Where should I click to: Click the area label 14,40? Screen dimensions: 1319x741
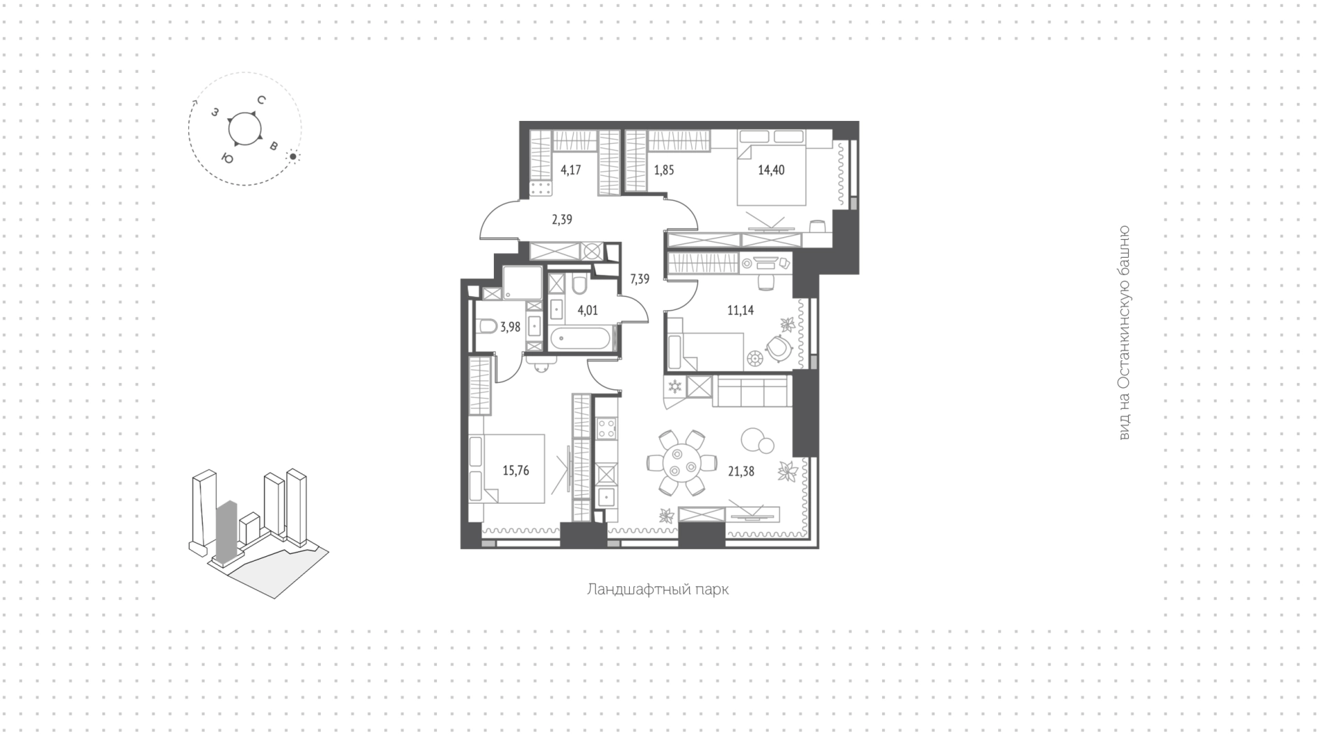(x=771, y=170)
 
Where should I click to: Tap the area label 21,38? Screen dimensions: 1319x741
(x=741, y=471)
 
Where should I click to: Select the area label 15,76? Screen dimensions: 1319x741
(x=515, y=471)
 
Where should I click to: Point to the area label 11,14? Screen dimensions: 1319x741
(x=741, y=310)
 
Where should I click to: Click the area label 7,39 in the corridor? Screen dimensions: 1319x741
(x=640, y=278)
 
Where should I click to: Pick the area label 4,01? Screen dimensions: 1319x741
(x=587, y=310)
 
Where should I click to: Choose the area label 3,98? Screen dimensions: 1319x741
(x=510, y=327)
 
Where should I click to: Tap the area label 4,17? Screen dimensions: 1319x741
(x=570, y=170)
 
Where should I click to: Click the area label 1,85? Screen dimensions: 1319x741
(x=664, y=170)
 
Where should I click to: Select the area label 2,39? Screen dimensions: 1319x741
(x=561, y=220)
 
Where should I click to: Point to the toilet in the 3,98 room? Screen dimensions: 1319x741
(x=486, y=327)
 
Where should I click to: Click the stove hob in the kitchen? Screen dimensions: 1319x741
(x=606, y=430)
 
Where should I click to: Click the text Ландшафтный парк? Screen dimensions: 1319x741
(x=657, y=590)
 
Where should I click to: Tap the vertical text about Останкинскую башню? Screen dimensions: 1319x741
(x=1123, y=333)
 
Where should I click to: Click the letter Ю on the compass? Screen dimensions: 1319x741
(x=227, y=159)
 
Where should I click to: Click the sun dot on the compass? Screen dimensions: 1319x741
(x=293, y=157)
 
